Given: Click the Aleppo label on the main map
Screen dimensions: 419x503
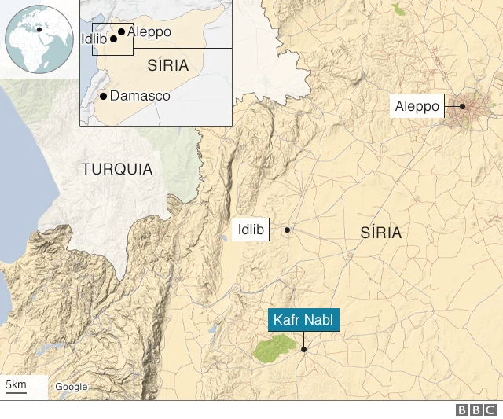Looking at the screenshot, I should click(417, 106).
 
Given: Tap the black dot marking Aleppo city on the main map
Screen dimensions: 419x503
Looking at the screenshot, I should click(463, 106).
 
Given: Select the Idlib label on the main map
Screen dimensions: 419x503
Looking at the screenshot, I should click(251, 230).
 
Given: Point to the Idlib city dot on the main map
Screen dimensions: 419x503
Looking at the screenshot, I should click(288, 230).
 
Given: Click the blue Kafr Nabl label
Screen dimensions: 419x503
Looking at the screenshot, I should click(304, 321).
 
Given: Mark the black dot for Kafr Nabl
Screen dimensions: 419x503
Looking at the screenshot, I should click(303, 349).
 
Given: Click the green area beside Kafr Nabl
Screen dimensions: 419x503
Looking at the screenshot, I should click(274, 349).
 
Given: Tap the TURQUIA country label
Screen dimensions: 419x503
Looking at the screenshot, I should click(116, 169).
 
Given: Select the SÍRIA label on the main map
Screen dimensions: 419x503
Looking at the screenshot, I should click(380, 233).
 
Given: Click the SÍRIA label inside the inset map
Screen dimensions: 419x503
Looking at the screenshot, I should click(168, 66).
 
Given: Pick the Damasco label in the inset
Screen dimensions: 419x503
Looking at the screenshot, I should click(141, 95).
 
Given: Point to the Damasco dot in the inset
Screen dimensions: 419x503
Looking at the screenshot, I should click(103, 96).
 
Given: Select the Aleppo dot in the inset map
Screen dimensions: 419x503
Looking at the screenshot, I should click(121, 33).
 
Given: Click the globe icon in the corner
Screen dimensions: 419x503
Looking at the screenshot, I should click(39, 39).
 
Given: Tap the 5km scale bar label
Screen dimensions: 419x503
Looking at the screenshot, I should click(16, 384).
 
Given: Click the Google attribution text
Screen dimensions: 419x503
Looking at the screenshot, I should click(71, 387).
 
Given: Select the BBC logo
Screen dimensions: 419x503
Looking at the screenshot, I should click(477, 410).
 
